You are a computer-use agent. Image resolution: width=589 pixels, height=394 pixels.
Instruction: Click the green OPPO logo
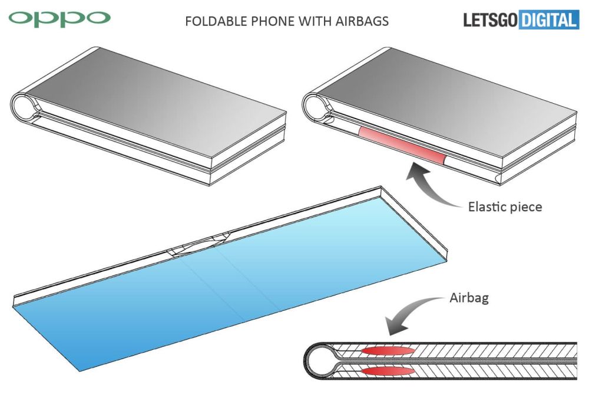pyautogui.click(x=59, y=19)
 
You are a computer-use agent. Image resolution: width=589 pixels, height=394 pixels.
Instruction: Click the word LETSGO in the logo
pyautogui.click(x=491, y=20)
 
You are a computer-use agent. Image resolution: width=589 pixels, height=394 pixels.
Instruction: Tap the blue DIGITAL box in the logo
pyautogui.click(x=549, y=20)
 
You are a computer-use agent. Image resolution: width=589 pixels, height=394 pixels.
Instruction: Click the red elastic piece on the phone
pyautogui.click(x=402, y=146)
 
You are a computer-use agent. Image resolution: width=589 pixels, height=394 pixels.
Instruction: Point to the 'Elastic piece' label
pyautogui.click(x=505, y=206)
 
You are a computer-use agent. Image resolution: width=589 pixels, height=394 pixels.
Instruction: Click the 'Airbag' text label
pyautogui.click(x=469, y=298)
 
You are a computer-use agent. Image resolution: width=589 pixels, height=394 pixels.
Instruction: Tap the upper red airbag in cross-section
pyautogui.click(x=388, y=351)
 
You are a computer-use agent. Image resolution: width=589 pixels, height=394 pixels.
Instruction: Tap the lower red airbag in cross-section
pyautogui.click(x=388, y=372)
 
